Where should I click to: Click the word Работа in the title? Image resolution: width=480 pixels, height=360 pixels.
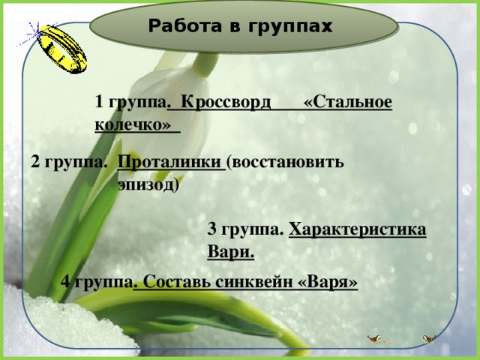click(x=179, y=28)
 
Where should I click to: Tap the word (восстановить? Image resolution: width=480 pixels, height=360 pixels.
click(x=286, y=162)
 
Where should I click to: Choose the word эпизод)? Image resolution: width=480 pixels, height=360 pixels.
click(x=148, y=183)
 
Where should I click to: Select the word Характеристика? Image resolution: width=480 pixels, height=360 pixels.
click(x=357, y=229)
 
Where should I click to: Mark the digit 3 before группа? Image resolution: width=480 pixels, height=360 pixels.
click(x=211, y=229)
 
